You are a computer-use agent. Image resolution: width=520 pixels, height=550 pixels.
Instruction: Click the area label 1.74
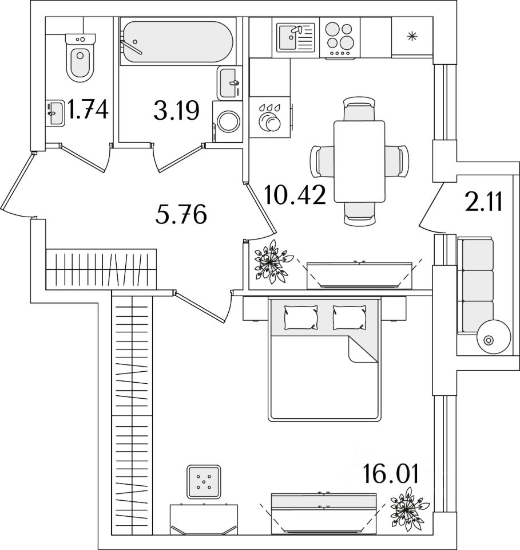[88, 109]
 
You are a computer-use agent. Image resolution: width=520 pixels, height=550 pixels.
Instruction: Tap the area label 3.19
[177, 110]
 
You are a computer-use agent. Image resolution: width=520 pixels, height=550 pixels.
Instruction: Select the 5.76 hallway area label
[181, 214]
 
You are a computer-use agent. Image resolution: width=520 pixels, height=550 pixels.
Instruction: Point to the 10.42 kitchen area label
[295, 195]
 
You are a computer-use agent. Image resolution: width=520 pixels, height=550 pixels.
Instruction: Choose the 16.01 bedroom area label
[391, 473]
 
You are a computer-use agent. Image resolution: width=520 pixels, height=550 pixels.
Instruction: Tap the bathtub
[177, 42]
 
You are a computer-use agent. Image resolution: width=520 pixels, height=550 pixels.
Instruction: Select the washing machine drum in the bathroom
[229, 121]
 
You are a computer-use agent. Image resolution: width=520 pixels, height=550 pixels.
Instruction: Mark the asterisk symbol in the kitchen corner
[412, 36]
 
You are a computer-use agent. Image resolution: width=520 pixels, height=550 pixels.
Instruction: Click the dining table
[359, 162]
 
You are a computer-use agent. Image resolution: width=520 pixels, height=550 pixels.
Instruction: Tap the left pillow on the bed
[301, 317]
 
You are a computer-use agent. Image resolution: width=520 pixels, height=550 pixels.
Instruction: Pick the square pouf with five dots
[204, 482]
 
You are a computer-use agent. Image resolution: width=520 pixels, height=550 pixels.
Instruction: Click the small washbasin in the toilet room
[55, 113]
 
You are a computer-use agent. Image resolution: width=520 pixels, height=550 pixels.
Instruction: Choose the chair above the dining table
[359, 109]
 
